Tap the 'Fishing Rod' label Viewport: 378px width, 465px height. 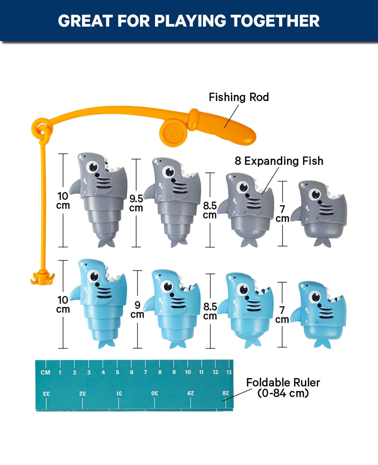239,97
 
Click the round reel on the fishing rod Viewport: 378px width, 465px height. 173,133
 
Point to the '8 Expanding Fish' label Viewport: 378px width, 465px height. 279,161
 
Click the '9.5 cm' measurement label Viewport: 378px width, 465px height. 136,203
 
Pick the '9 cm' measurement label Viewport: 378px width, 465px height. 137,310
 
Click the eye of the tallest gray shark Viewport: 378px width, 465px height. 93,167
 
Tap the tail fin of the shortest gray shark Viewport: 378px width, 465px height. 322,242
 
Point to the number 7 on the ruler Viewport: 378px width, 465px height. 146,372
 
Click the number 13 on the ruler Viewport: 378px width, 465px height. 229,372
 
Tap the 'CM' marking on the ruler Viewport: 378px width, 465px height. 45,372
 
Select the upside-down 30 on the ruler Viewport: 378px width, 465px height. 154,393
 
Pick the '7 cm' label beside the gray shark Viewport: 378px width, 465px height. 282,214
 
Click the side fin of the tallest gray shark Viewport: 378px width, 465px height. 75,187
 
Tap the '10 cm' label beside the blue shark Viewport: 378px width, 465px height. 63,304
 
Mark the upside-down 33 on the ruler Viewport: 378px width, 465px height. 46,394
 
